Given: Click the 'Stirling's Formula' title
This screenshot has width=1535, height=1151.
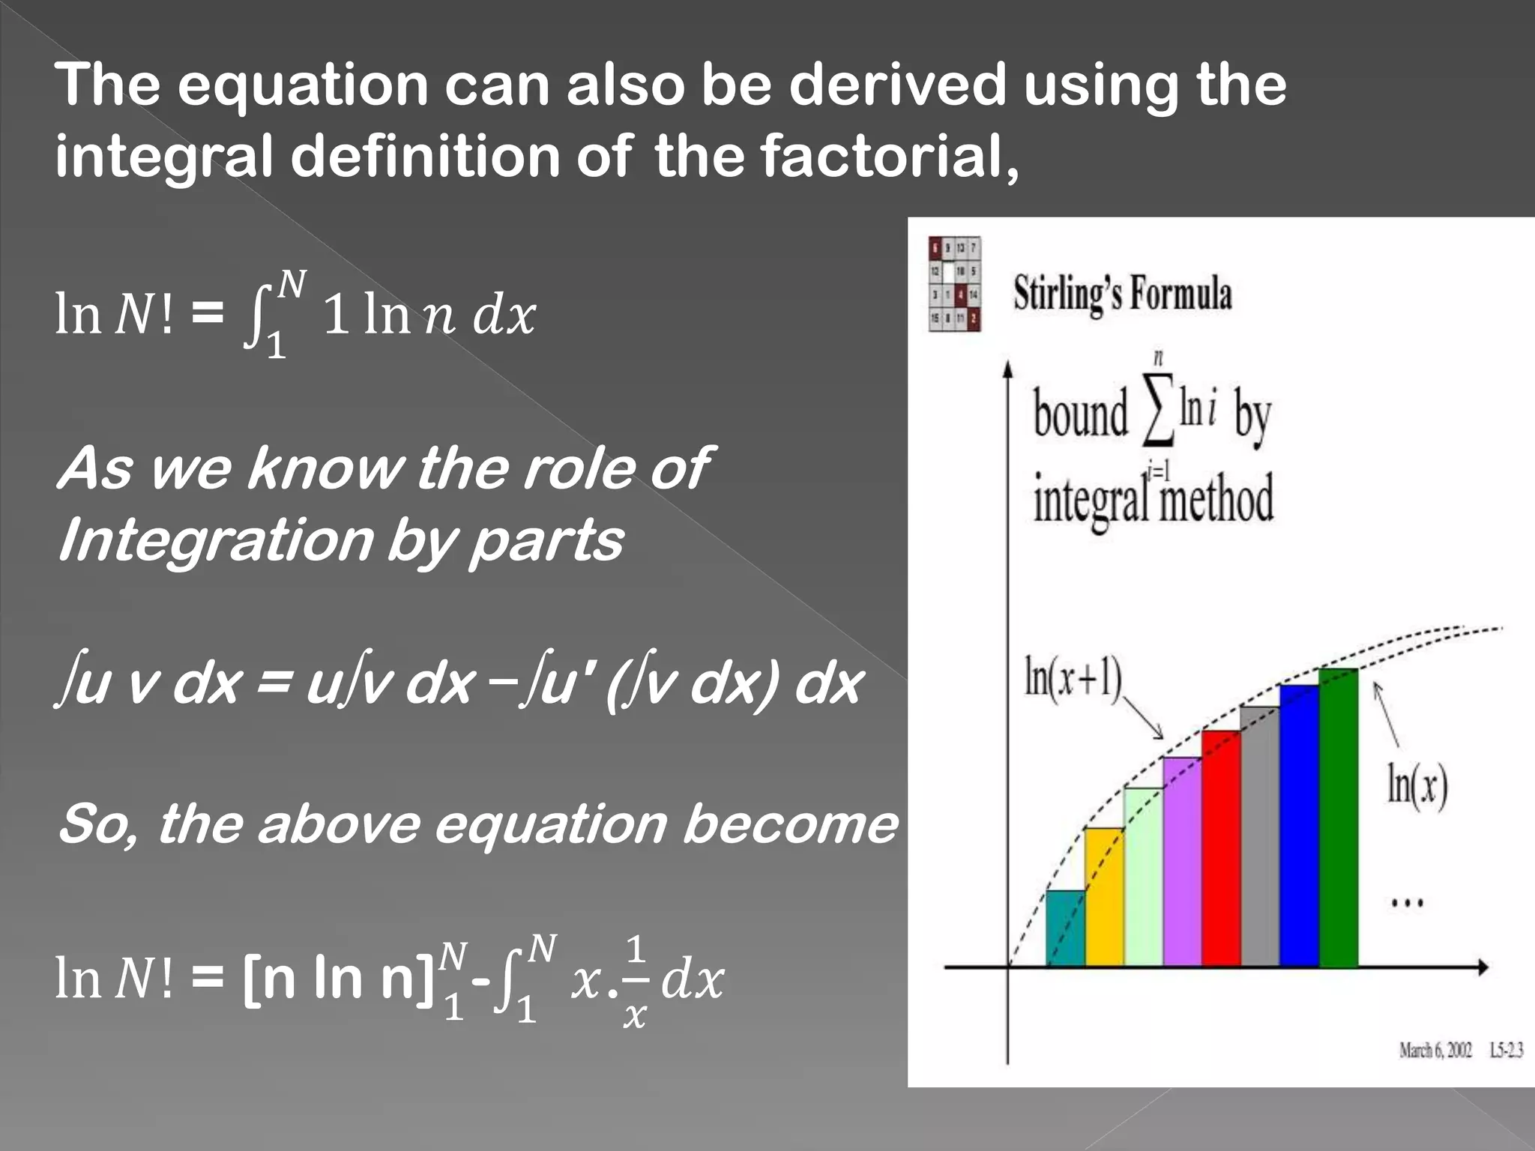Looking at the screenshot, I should click(1122, 293).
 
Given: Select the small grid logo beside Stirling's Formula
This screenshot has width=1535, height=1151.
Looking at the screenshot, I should click(954, 284).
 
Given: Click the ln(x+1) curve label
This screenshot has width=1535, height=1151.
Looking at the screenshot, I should click(1073, 678).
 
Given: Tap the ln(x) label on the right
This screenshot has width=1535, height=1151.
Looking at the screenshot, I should click(1417, 784).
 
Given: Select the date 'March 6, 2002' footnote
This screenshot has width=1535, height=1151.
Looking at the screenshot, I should click(1435, 1050).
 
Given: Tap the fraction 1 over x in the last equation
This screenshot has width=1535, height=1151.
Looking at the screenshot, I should click(635, 982).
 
